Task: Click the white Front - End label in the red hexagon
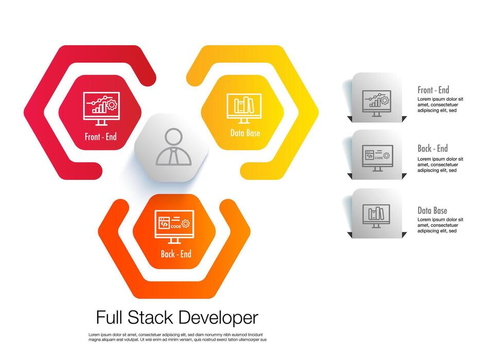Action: (101, 137)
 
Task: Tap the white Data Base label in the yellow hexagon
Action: (245, 133)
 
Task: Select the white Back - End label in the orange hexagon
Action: (175, 254)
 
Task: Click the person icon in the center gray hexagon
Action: (173, 147)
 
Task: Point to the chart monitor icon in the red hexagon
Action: (101, 108)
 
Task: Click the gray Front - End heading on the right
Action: (433, 90)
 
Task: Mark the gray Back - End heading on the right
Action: (433, 149)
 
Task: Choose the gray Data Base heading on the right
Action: (432, 210)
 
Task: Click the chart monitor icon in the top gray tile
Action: (376, 103)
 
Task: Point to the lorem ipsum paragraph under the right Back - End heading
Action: (440, 165)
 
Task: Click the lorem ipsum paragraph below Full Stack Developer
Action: (177, 337)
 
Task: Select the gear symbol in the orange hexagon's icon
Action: (186, 223)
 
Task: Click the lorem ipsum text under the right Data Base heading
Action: (440, 225)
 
